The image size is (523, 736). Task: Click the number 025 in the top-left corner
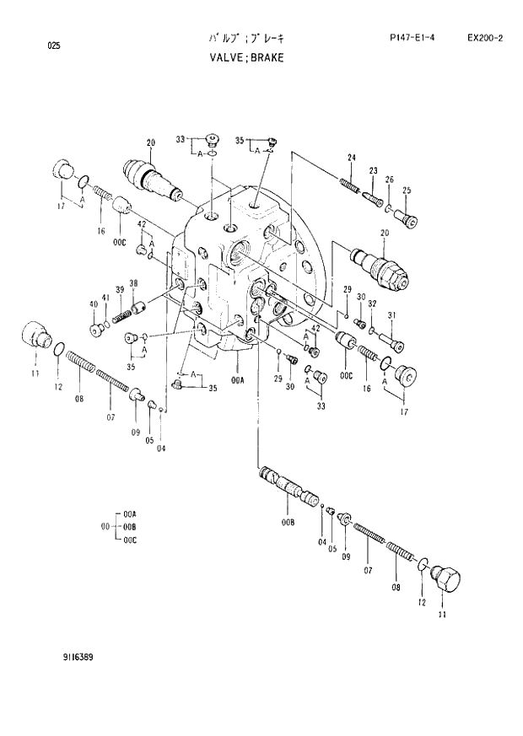[x=54, y=46]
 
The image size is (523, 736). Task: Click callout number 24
[x=352, y=158]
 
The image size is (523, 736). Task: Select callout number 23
[x=372, y=171]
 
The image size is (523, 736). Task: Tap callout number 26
[x=389, y=180]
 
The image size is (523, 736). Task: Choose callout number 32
[x=371, y=304]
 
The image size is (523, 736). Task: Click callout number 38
[x=133, y=282]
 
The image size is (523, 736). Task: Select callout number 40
[x=93, y=304]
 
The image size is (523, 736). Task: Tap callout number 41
[x=105, y=298]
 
